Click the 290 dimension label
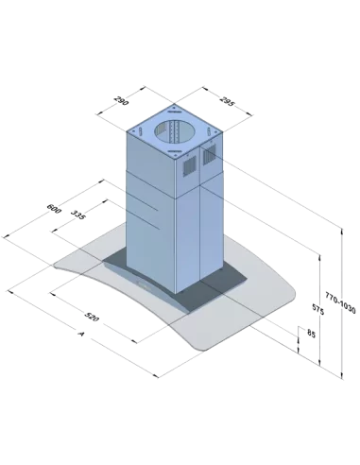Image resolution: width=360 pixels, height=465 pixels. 121,100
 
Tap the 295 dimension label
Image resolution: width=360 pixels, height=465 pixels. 227,101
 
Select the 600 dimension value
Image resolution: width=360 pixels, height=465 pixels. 54,209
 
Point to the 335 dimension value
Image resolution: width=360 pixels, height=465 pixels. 77,215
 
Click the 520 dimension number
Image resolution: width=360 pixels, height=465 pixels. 92,317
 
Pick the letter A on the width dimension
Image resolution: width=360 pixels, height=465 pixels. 81,333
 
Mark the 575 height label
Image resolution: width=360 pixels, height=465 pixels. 317,309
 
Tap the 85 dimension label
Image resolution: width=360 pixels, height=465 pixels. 311,334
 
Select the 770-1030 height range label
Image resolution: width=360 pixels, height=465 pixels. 340,302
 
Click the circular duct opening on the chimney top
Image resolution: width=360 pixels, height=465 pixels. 174,131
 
